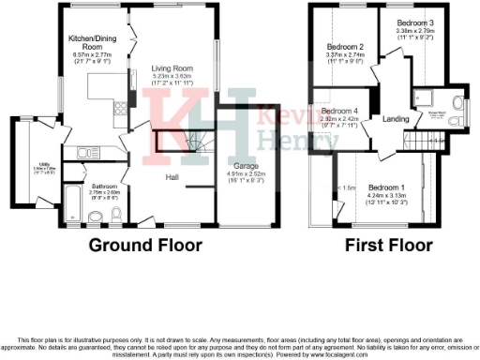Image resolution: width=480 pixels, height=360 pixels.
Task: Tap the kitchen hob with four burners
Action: click(x=120, y=108)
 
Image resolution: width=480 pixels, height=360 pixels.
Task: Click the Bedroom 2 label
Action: click(x=344, y=46)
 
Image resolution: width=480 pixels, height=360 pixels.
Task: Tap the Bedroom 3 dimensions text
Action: click(x=414, y=35)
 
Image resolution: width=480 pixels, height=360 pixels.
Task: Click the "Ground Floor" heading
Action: click(x=145, y=247)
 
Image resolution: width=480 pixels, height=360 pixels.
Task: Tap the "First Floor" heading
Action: click(x=387, y=247)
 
